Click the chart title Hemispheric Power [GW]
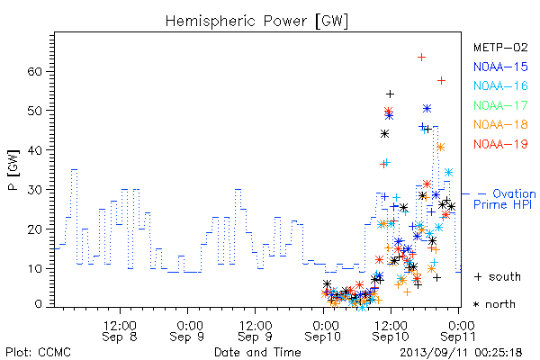click(256, 22)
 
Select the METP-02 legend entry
click(500, 48)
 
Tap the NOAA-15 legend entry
click(500, 67)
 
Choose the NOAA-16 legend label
click(500, 85)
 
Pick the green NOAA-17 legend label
click(500, 105)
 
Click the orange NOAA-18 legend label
click(500, 124)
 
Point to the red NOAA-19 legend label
click(500, 144)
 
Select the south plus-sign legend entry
click(498, 276)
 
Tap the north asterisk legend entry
click(494, 304)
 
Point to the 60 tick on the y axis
click(34, 72)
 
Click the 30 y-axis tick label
click(34, 190)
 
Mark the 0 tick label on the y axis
click(39, 304)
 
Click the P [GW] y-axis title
click(13, 170)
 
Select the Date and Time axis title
click(257, 352)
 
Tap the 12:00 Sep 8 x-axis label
click(120, 331)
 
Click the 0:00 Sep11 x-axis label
click(458, 331)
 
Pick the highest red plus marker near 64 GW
click(421, 57)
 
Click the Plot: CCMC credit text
click(38, 353)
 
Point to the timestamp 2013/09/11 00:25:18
click(461, 353)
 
